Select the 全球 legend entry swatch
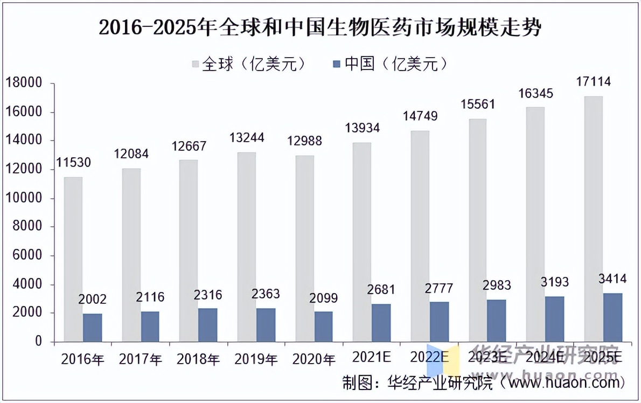coord(196,64)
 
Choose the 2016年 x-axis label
coord(82,359)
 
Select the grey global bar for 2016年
coord(73,259)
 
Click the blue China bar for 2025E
coord(612,317)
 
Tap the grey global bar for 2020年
coord(305,248)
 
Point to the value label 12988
coord(305,141)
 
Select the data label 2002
coord(92,300)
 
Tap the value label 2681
coord(380,289)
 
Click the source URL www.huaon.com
coord(565,383)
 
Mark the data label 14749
coord(420,116)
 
